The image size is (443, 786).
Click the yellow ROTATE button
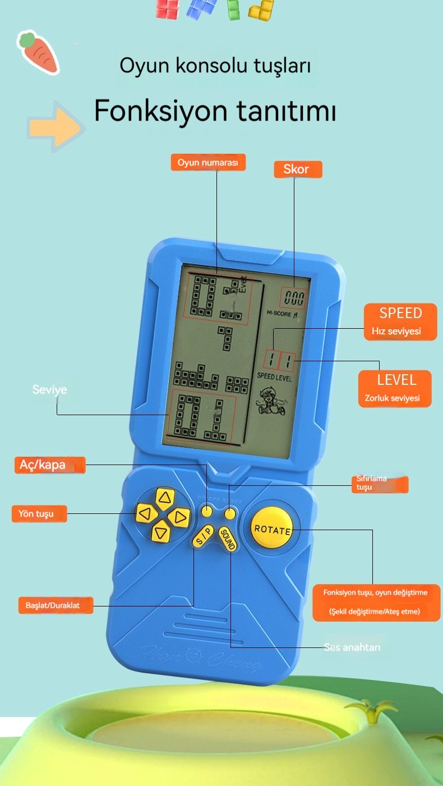click(271, 528)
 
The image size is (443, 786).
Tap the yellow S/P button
click(203, 536)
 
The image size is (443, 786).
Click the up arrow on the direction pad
click(164, 498)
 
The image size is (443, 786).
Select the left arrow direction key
click(146, 513)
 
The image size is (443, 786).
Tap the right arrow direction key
click(179, 516)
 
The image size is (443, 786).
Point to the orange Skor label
click(298, 169)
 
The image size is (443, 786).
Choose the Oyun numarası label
click(208, 163)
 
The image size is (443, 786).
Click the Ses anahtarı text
click(352, 647)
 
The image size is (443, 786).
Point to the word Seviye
click(49, 389)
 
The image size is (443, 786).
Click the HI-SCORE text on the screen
click(279, 314)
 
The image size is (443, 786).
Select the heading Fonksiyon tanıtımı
click(215, 111)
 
